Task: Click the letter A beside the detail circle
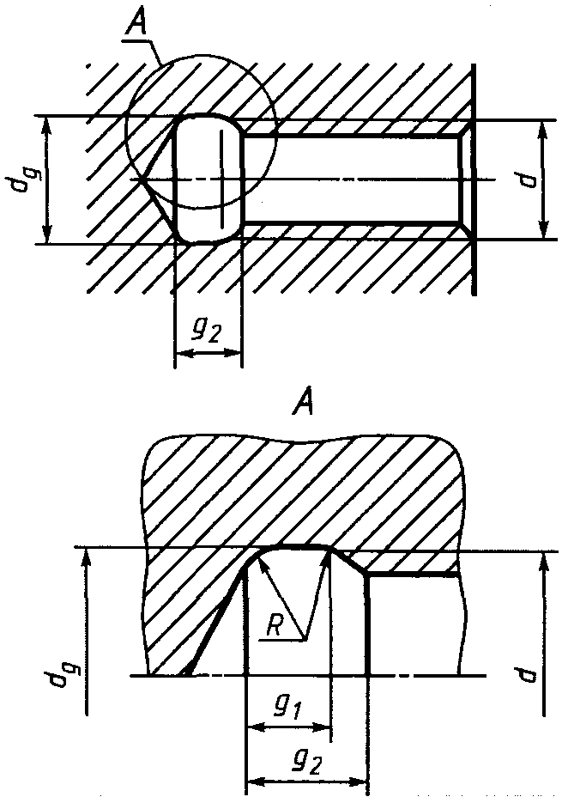(x=136, y=20)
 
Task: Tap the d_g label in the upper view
(x=21, y=178)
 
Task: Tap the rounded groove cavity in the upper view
(x=208, y=178)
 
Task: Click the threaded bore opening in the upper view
(x=354, y=179)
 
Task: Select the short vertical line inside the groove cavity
(x=222, y=179)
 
